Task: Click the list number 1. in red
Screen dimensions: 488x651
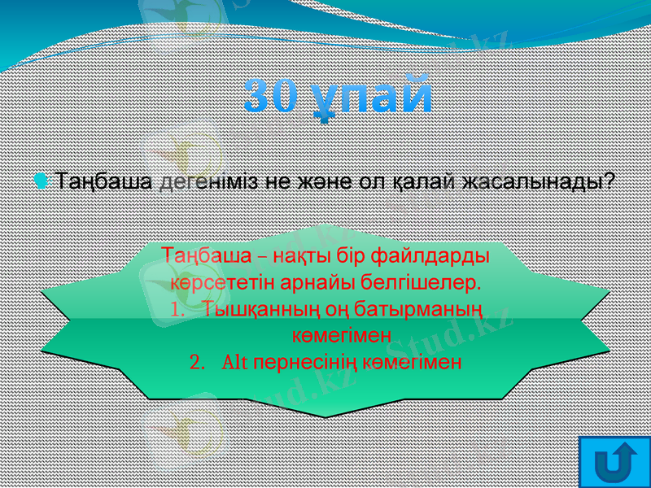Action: (180, 310)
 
